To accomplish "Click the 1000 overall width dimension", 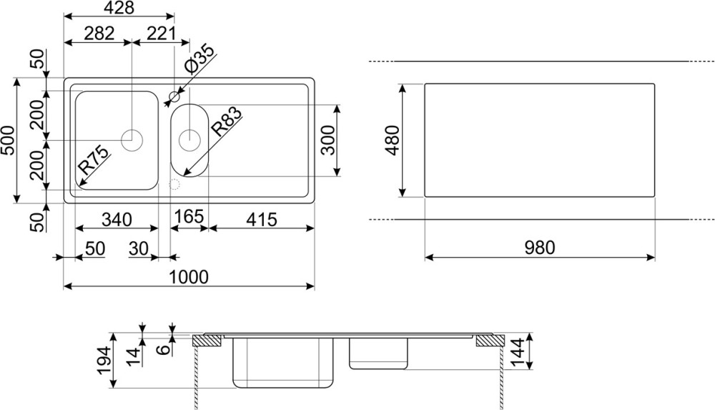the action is click(x=188, y=277).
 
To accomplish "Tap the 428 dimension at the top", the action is click(x=119, y=8).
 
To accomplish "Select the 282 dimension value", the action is click(x=99, y=34).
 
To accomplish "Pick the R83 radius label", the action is click(x=226, y=122).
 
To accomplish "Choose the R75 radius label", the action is click(x=94, y=160).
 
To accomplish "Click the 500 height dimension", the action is click(x=8, y=140).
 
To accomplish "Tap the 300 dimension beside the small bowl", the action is click(x=327, y=140).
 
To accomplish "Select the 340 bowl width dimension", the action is click(x=117, y=220).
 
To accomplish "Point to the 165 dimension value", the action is click(x=189, y=216).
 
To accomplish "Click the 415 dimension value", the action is click(x=261, y=220).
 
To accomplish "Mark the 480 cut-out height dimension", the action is click(x=393, y=140).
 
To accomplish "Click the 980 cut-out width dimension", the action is click(x=539, y=248).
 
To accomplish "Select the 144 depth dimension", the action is click(x=518, y=351).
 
